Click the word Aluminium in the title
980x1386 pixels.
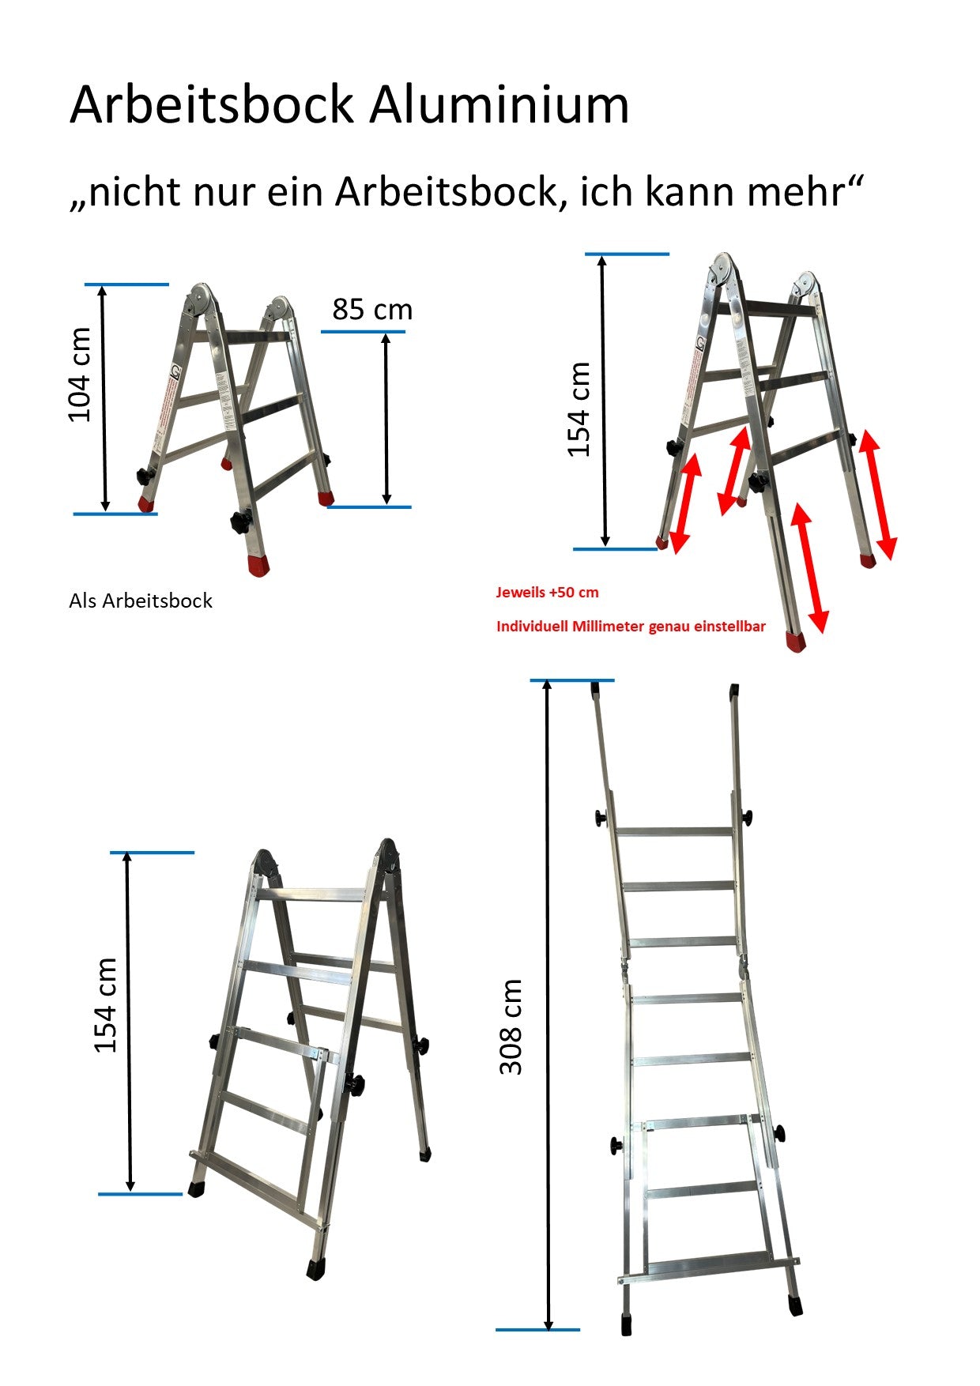[499, 104]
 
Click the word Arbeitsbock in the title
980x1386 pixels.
[211, 104]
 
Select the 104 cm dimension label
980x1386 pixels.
[80, 375]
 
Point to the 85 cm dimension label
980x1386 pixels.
[372, 309]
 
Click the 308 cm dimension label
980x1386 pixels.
[511, 1026]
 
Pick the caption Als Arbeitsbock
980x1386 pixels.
[141, 601]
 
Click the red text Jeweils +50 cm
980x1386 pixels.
[547, 592]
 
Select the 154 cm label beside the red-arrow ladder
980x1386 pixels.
[579, 409]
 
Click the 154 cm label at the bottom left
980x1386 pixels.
[105, 1005]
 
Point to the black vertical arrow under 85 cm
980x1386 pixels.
[386, 419]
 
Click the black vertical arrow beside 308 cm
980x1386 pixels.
[548, 1005]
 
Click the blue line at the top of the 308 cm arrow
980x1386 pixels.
[572, 680]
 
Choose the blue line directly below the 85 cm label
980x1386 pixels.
[363, 331]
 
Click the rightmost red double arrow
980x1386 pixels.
[879, 495]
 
